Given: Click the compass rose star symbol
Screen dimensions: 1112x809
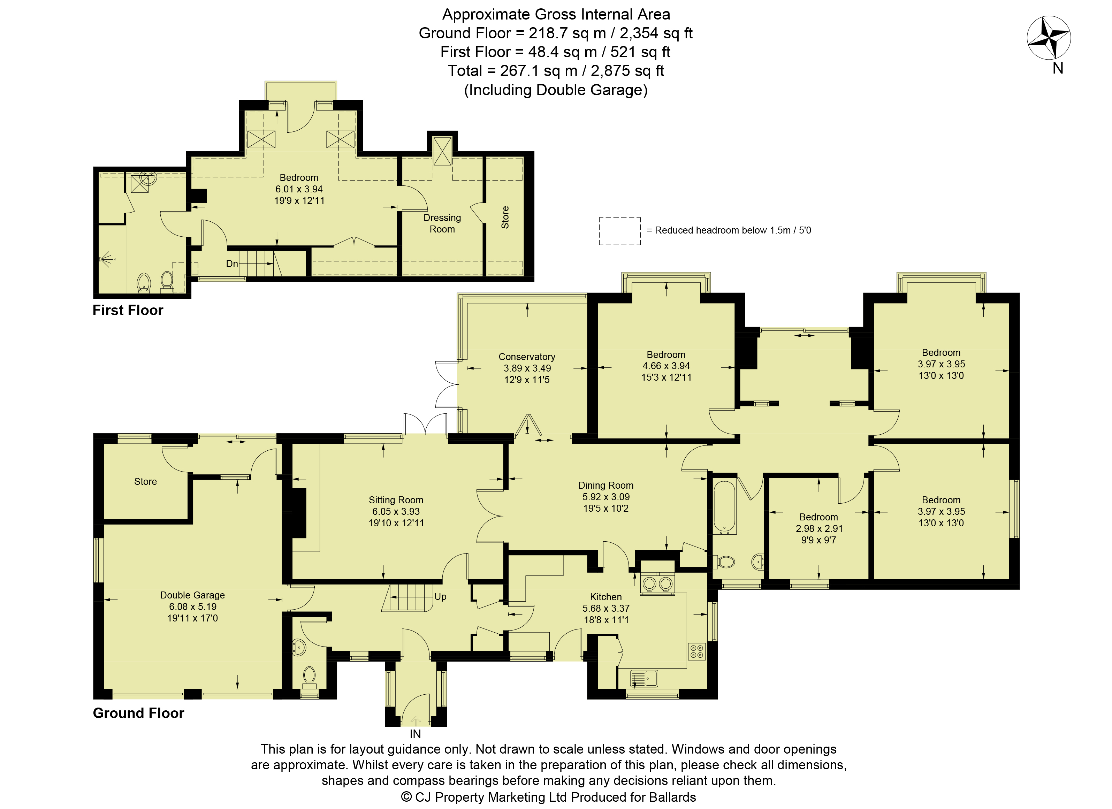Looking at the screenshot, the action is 1049,38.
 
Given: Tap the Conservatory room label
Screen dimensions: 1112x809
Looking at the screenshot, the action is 527,357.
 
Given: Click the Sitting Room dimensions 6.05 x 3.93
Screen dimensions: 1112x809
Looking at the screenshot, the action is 396,511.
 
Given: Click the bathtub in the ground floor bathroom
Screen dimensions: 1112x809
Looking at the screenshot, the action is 724,507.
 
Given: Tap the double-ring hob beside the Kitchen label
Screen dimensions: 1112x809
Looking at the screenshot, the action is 657,583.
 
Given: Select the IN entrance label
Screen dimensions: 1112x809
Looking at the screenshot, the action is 415,734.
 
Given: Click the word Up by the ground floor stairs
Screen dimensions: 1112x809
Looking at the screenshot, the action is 440,597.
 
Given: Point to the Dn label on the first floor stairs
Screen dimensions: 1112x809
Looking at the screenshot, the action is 232,264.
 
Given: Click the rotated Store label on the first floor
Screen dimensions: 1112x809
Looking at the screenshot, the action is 505,217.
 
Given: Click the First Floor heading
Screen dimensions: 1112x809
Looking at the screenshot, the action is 128,310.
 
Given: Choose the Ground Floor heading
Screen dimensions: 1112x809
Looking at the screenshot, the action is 138,713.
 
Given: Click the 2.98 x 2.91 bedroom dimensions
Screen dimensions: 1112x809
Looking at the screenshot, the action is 818,528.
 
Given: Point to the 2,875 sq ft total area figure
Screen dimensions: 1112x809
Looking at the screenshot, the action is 627,71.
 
